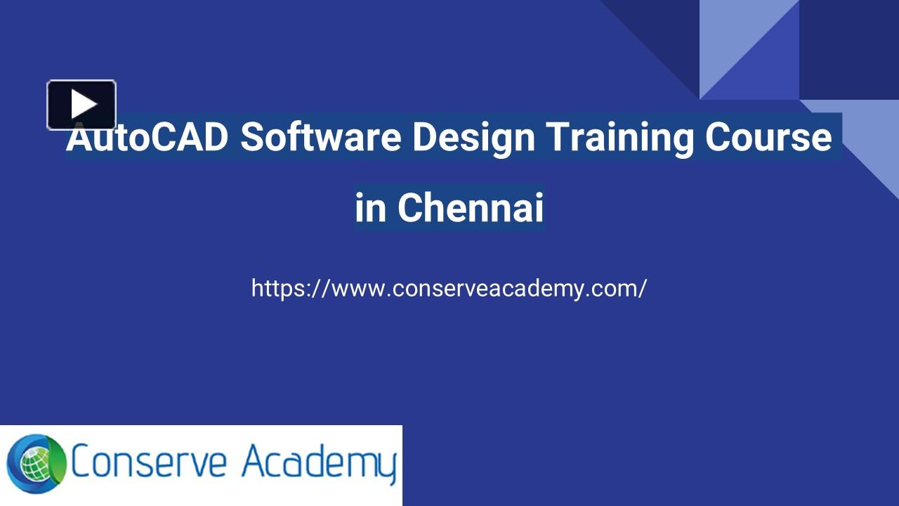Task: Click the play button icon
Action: tap(81, 105)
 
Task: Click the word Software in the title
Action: tap(320, 137)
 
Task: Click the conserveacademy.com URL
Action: tap(449, 288)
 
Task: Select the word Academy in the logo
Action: tap(319, 464)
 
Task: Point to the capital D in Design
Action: tap(424, 137)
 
